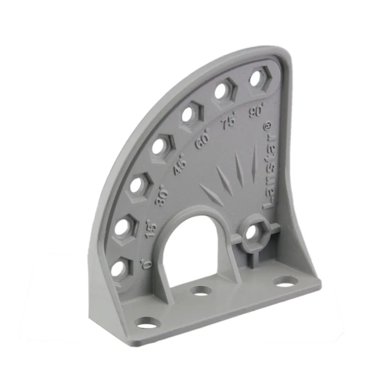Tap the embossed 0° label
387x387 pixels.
click(147, 263)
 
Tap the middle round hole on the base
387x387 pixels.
click(201, 290)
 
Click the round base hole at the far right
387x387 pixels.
click(286, 281)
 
